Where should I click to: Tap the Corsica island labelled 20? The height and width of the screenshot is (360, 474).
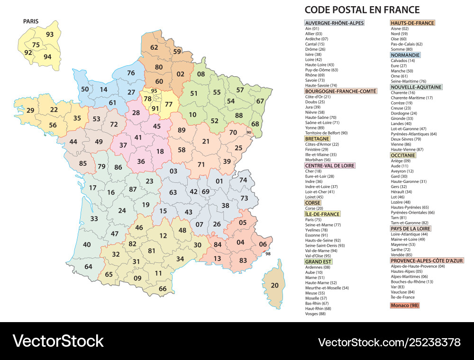[x=274, y=285]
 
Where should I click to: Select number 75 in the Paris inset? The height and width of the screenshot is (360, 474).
[x=36, y=45]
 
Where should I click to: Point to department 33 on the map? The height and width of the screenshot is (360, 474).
[x=94, y=218]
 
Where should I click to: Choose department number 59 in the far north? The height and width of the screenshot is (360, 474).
[x=177, y=52]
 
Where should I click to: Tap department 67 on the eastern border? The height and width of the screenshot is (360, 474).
[x=260, y=101]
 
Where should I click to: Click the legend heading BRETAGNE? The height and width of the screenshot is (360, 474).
[x=317, y=139]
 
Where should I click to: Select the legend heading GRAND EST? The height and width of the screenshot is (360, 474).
[x=319, y=261]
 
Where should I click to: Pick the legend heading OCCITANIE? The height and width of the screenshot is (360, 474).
[x=403, y=155]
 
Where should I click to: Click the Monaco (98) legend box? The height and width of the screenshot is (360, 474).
[x=404, y=306]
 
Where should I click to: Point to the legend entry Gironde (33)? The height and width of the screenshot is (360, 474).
[x=401, y=118]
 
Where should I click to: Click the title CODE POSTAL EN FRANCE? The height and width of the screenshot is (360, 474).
[x=362, y=9]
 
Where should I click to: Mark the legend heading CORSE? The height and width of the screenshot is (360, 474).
[x=313, y=203]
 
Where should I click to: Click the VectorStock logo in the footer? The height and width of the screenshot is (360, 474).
[x=58, y=341]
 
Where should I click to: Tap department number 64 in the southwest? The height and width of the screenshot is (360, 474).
[x=89, y=266]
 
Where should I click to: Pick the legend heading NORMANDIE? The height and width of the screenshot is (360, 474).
[x=405, y=55]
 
